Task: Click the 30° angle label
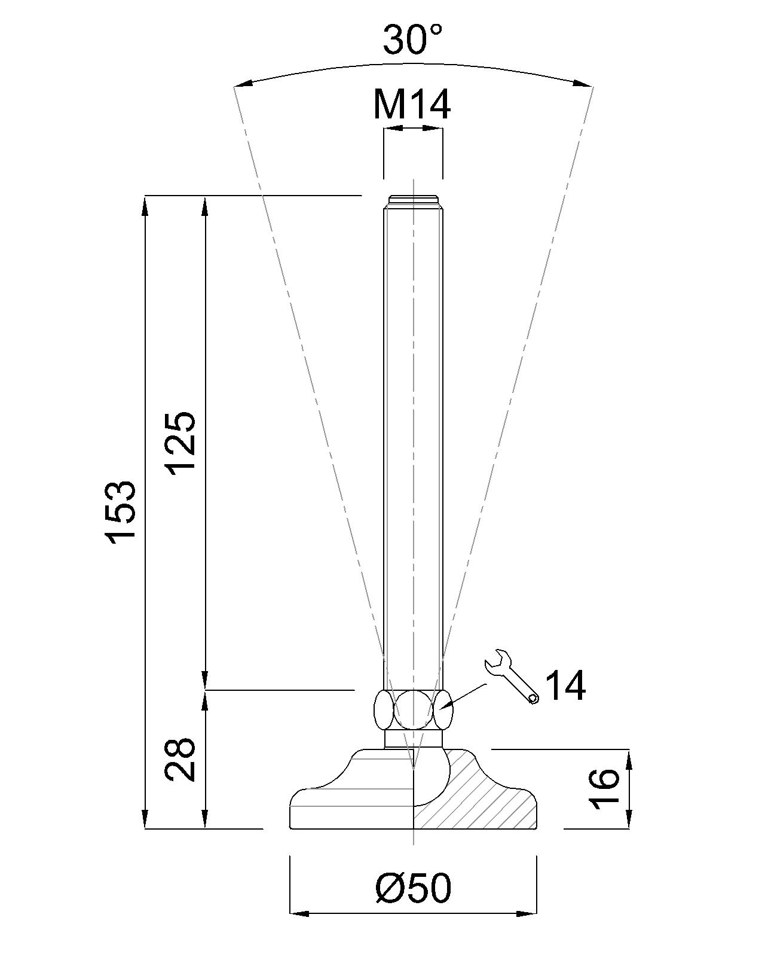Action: (412, 40)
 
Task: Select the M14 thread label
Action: (412, 104)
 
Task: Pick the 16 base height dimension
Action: (604, 789)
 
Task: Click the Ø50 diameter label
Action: (413, 888)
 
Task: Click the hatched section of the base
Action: (484, 801)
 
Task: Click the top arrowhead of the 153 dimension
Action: (145, 205)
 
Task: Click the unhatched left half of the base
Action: (353, 801)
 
